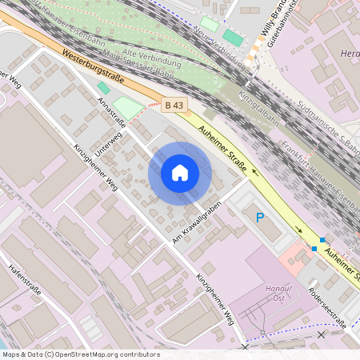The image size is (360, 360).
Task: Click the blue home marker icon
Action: point(180,173)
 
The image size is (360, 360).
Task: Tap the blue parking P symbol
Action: point(259,217)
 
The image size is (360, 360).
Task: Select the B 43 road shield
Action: point(174,105)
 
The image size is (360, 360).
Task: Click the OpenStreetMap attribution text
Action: point(80,354)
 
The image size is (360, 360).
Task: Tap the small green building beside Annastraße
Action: point(103,87)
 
